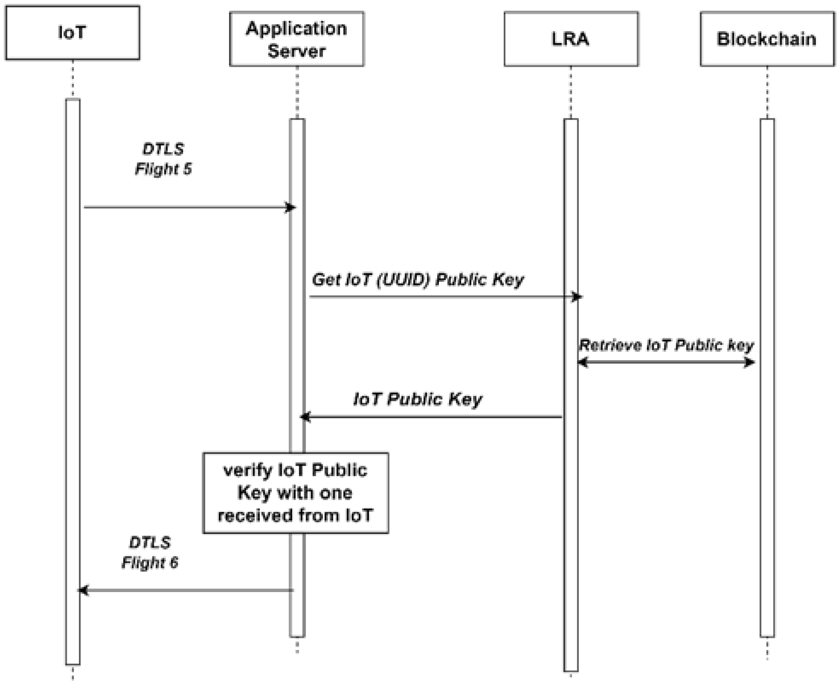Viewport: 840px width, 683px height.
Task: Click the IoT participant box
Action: click(x=72, y=33)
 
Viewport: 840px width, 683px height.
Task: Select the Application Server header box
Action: click(x=297, y=39)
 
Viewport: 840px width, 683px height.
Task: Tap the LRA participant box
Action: click(x=571, y=39)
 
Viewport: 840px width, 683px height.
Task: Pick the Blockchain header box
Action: click(x=767, y=39)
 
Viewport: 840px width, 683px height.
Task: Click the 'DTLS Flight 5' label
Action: click(x=163, y=159)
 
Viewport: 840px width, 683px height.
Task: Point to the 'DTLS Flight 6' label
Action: click(x=150, y=552)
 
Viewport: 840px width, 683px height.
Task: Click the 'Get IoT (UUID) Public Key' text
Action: click(x=418, y=279)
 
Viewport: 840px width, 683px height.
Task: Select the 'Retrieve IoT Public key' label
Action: click(x=666, y=345)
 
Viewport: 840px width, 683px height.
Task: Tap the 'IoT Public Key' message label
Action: click(x=418, y=399)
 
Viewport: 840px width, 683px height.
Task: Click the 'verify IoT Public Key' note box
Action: click(x=295, y=493)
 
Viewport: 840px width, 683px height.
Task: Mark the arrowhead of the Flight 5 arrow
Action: click(x=291, y=207)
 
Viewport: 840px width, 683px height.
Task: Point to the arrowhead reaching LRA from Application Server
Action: click(x=577, y=297)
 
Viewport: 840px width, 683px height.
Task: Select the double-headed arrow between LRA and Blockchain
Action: click(x=666, y=362)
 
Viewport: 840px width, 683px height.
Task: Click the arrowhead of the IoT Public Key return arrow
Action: click(x=305, y=417)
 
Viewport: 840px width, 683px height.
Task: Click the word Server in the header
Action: click(x=297, y=51)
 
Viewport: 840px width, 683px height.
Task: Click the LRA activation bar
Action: click(x=571, y=523)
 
